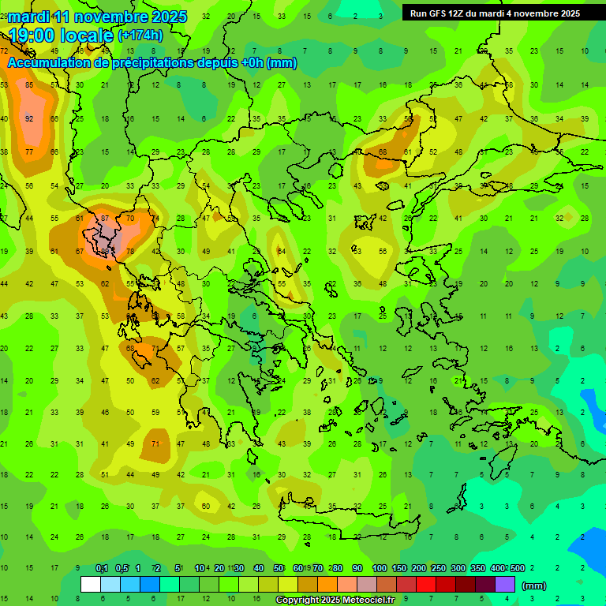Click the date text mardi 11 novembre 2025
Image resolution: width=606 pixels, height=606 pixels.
[x=98, y=17]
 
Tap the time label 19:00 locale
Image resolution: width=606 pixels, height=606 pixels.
[x=60, y=35]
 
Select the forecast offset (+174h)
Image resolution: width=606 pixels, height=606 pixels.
[x=140, y=36]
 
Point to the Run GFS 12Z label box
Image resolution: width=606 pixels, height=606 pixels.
[x=495, y=13]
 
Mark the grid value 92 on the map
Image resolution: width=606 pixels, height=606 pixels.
[x=29, y=118]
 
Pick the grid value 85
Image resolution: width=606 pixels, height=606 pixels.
[x=29, y=85]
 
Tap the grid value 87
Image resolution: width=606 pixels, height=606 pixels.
[x=105, y=218]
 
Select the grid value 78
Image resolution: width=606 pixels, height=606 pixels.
[x=130, y=252]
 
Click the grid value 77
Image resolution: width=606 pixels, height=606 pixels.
[x=29, y=151]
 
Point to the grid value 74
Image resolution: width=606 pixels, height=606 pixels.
[x=155, y=218]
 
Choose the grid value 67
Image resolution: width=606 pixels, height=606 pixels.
[x=80, y=252]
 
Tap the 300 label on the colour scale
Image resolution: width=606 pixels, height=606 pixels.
[x=458, y=568]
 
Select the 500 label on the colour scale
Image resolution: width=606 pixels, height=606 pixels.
[x=517, y=568]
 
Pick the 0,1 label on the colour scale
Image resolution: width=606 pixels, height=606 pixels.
[x=102, y=568]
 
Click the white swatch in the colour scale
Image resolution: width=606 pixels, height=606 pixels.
[x=91, y=585]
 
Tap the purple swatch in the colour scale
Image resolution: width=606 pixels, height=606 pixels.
[x=505, y=585]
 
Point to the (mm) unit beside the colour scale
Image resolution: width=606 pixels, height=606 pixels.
[x=534, y=585]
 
